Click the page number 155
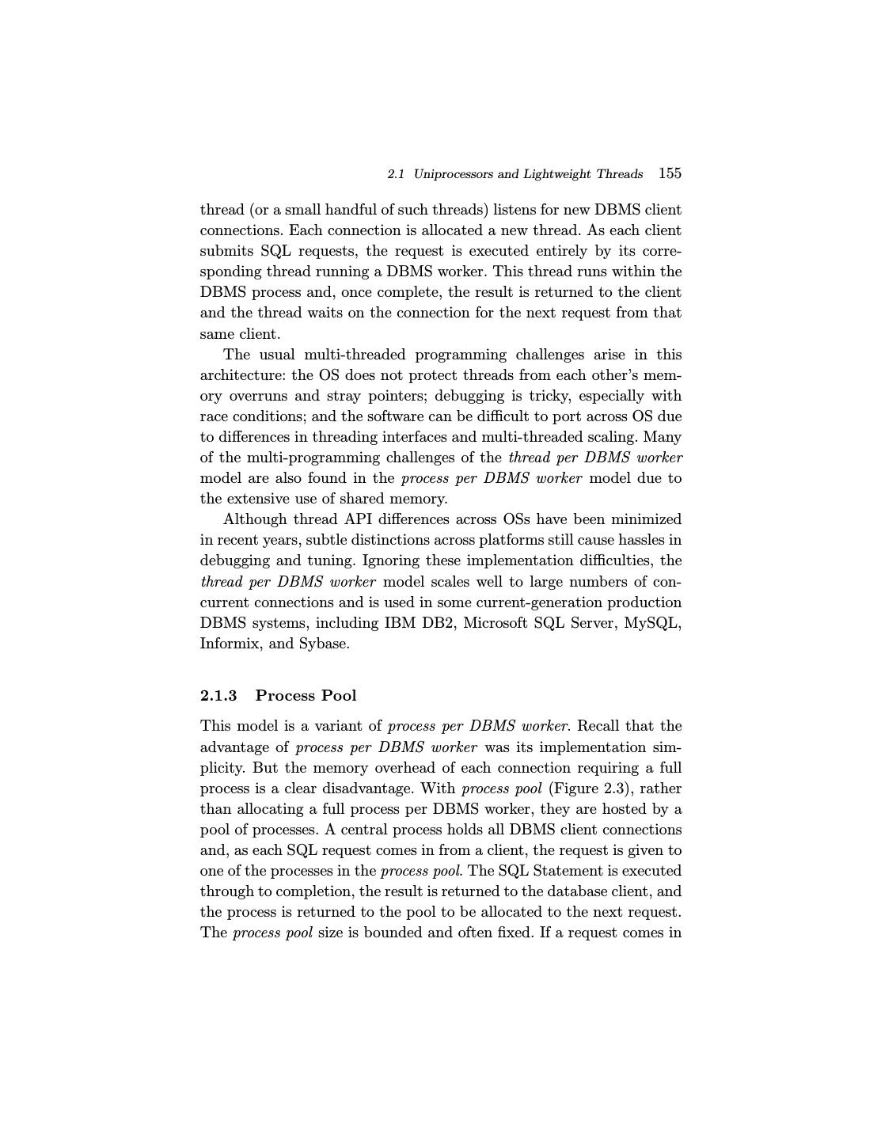pos(670,173)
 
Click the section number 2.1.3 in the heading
pos(218,696)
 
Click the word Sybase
pos(323,644)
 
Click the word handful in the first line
pos(354,210)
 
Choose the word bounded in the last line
pos(393,933)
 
